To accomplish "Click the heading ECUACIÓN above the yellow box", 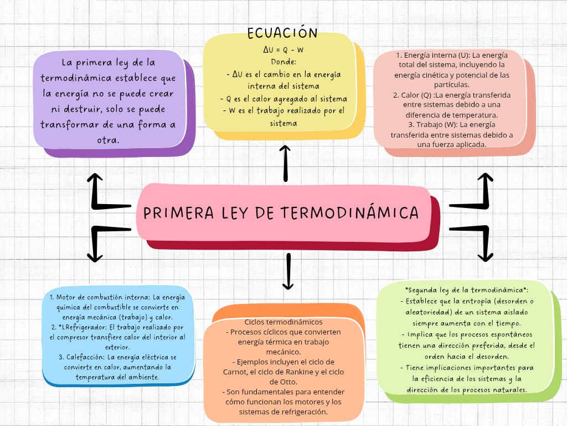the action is tap(282, 33).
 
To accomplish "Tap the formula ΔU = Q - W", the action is tap(283, 50).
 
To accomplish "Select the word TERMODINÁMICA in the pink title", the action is tap(350, 212).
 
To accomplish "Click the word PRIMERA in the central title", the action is tap(179, 212).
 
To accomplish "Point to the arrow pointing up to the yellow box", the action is tap(285, 164).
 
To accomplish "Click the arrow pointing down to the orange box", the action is tap(288, 271).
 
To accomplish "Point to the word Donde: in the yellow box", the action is tap(283, 62).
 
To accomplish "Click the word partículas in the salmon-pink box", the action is tap(452, 85).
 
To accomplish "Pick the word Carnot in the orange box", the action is tap(235, 372).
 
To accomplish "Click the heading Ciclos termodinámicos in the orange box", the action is tap(283, 322).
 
